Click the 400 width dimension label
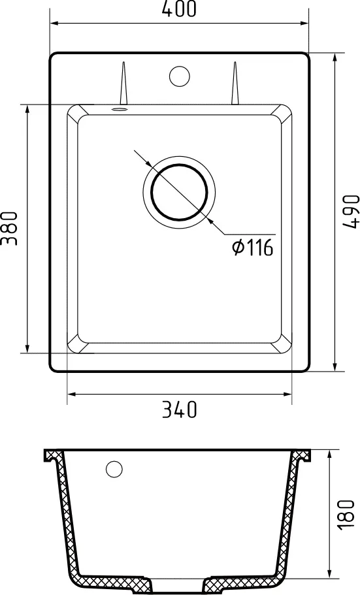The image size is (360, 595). pyautogui.click(x=179, y=9)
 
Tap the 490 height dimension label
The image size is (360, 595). pyautogui.click(x=352, y=210)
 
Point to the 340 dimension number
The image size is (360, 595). pyautogui.click(x=179, y=410)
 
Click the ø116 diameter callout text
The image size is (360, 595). pyautogui.click(x=252, y=247)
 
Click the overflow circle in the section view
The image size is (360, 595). pyautogui.click(x=114, y=469)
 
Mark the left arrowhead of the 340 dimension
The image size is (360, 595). pyautogui.click(x=71, y=394)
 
